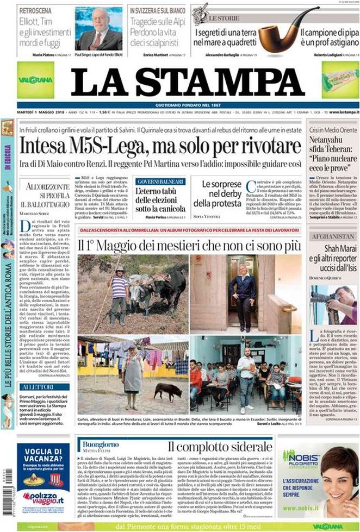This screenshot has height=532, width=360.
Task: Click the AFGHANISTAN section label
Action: tap(332, 237)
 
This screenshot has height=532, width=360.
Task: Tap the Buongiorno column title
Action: tap(100, 444)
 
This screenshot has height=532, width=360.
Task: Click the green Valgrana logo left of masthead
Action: tap(35, 79)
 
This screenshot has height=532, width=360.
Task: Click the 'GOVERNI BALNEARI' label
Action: tap(161, 181)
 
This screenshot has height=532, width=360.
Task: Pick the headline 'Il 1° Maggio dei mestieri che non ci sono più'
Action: tap(188, 245)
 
